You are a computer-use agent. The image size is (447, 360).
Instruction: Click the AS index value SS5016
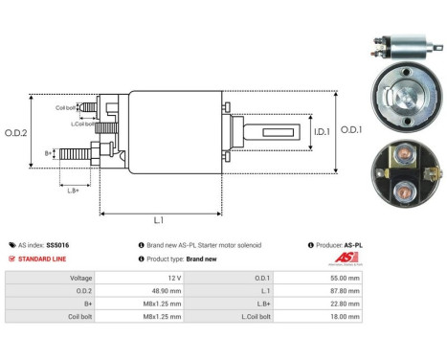click(57, 245)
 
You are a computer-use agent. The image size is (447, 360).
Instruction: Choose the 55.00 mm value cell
click(342, 278)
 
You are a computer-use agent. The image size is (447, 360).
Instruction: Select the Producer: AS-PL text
click(340, 245)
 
